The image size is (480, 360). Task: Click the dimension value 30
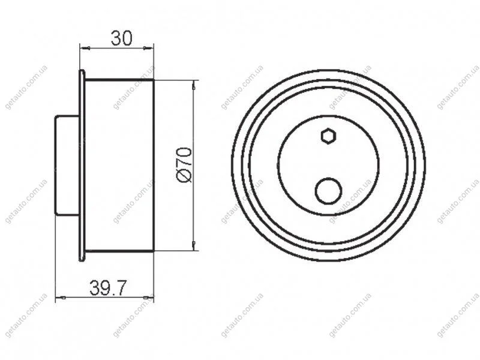coord(122,38)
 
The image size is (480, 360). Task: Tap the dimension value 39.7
coord(108,288)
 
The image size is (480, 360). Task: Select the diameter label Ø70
coord(184,166)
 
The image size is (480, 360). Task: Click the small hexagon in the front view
coord(329,136)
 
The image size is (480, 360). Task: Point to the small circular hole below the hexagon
coord(328,191)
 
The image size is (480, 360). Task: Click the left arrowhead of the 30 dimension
coord(84,47)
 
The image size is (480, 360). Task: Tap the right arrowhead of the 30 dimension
coord(148,47)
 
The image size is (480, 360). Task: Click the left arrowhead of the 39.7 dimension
coord(61,297)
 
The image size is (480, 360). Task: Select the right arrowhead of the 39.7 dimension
coord(148,297)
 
